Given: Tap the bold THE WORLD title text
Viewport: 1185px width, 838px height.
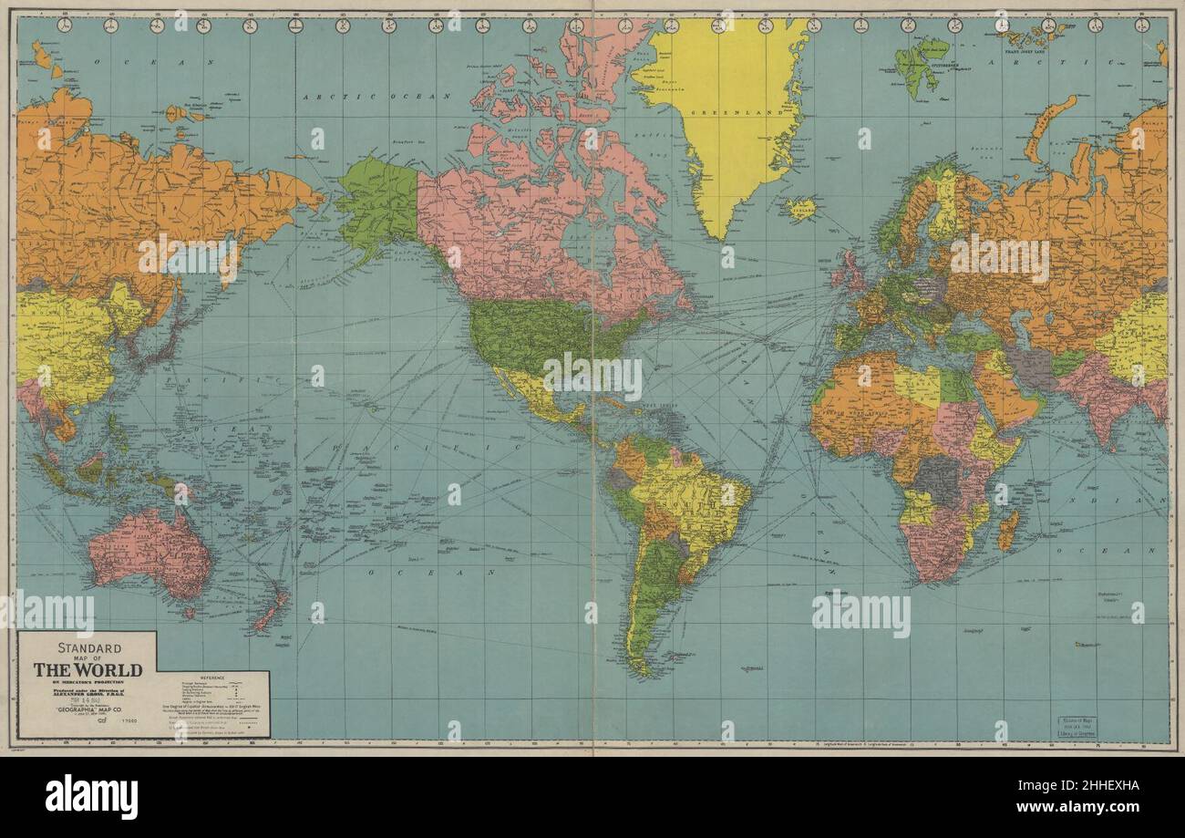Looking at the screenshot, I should [x=88, y=670].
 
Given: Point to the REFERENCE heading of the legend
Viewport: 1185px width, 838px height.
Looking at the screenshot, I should [x=211, y=678].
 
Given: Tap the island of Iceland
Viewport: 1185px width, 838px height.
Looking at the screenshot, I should [x=799, y=208].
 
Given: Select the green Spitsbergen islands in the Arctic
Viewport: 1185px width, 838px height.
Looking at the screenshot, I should [x=918, y=64].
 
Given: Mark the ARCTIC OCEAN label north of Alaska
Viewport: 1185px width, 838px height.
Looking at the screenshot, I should [x=377, y=96].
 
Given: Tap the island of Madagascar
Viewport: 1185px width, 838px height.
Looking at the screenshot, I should [x=1007, y=530].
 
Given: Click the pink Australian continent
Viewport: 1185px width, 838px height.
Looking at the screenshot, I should [x=150, y=552].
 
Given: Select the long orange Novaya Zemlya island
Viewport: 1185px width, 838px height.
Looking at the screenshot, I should [x=1048, y=128].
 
